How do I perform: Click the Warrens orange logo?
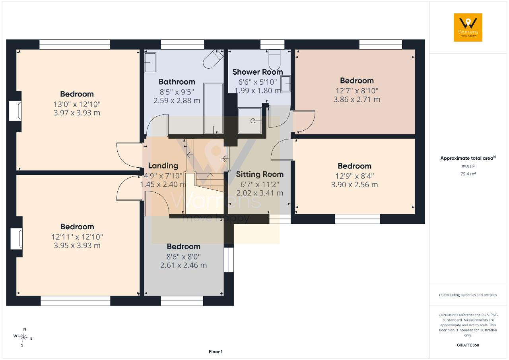468,27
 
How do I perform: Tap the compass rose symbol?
23,337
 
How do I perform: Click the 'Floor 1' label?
216,352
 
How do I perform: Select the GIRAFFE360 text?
468,345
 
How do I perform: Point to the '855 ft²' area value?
468,166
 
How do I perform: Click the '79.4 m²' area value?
468,174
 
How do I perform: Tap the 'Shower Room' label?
257,72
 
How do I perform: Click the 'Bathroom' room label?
177,82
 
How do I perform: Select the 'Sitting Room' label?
260,174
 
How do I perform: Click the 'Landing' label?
163,166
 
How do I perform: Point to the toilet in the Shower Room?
274,60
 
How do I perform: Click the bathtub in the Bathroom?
213,108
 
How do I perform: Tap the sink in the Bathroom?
150,63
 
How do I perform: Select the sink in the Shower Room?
286,84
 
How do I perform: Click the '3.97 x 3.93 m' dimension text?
77,113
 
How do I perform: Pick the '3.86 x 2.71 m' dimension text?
357,99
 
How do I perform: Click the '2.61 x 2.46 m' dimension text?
184,265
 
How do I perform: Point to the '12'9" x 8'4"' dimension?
354,176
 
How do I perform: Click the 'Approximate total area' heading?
467,159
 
